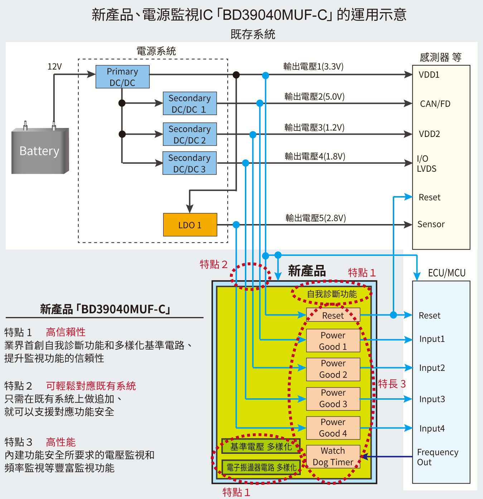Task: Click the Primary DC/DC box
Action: (x=122, y=77)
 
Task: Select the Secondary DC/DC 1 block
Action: (x=190, y=104)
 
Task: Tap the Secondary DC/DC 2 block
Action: (x=190, y=134)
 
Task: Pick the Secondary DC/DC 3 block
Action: (x=189, y=163)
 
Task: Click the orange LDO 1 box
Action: (x=190, y=225)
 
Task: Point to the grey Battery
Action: (x=40, y=151)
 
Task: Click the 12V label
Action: (x=55, y=67)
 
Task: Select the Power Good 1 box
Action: (x=333, y=341)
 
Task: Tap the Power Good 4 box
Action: (x=333, y=428)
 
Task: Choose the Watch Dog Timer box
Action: (x=333, y=456)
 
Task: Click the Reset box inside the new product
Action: (x=333, y=315)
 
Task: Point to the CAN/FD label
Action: (x=435, y=104)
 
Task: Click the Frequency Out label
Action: (x=438, y=457)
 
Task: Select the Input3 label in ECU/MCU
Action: (x=432, y=399)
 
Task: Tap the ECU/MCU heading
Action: (x=447, y=273)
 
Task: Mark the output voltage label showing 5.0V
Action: (x=314, y=97)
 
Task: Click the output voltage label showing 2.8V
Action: (x=315, y=218)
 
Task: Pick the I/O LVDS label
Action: (x=426, y=164)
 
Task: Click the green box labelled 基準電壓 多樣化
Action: (x=261, y=447)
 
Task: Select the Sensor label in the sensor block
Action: (x=431, y=224)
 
